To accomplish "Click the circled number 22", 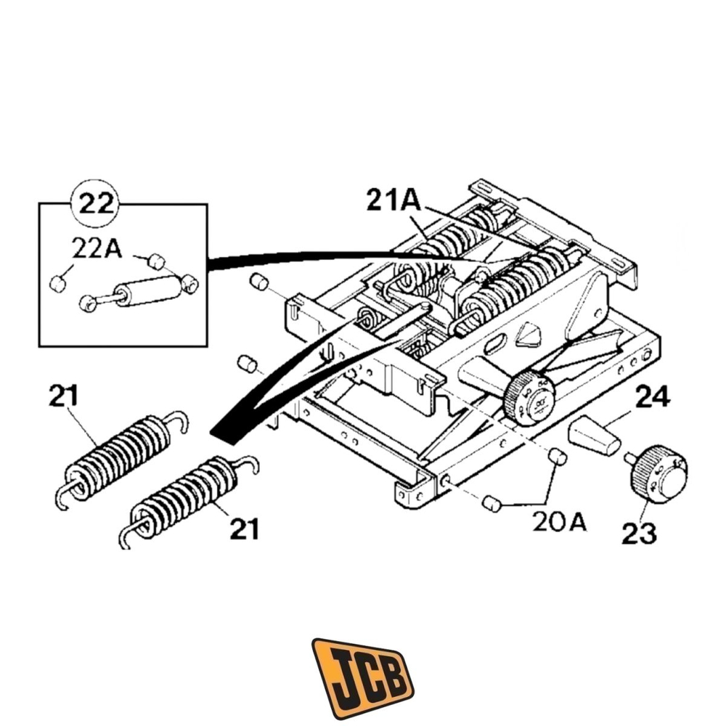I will [x=96, y=203].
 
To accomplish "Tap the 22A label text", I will [x=96, y=248].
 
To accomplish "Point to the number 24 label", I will [x=653, y=397].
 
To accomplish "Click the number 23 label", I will [x=639, y=534].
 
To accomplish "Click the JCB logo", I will [x=362, y=677].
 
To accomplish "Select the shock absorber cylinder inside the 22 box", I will [x=149, y=292].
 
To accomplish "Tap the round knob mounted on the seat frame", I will [x=530, y=399].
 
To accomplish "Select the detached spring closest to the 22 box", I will [x=121, y=454].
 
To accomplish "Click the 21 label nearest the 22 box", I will [x=65, y=396].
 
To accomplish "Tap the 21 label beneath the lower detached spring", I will [x=245, y=529].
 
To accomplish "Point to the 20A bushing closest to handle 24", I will [x=556, y=457].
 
